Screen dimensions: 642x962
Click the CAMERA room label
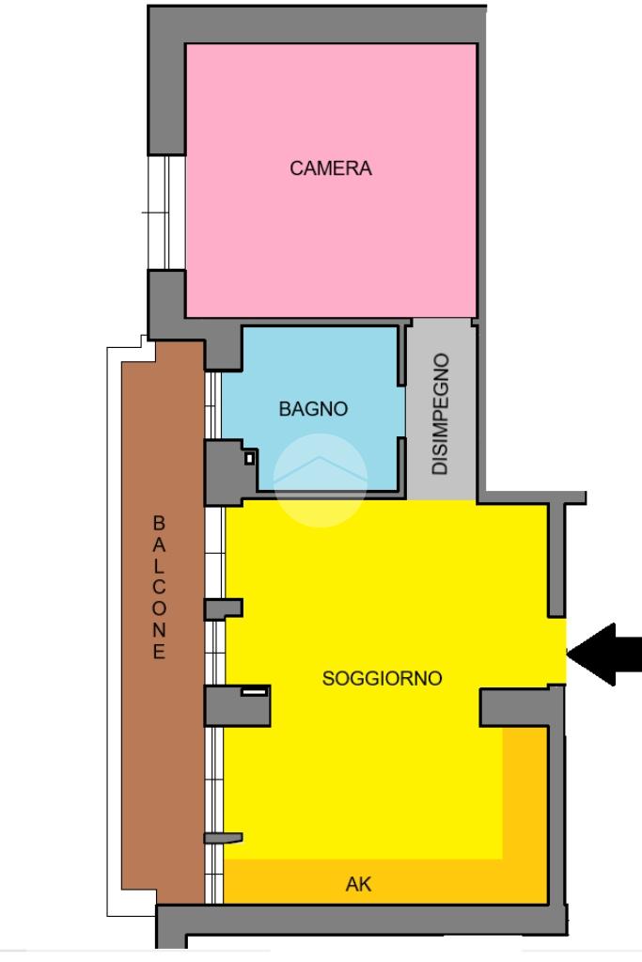[331, 168]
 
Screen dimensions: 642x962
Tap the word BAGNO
[313, 409]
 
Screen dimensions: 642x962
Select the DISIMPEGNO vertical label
[440, 414]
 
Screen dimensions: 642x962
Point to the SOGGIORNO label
[382, 678]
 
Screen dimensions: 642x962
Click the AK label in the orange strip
[359, 884]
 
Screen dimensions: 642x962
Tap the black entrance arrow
[604, 654]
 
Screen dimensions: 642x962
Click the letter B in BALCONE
[159, 524]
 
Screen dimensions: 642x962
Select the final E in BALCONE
[159, 651]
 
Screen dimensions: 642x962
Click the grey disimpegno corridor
[442, 410]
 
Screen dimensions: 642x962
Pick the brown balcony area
[163, 623]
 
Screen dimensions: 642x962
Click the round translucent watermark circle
[321, 481]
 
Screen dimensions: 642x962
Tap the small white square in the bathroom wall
[250, 458]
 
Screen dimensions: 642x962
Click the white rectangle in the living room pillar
[254, 692]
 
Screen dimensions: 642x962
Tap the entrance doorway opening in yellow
[556, 651]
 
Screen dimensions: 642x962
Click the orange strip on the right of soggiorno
[525, 793]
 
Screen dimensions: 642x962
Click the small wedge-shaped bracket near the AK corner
[223, 838]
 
